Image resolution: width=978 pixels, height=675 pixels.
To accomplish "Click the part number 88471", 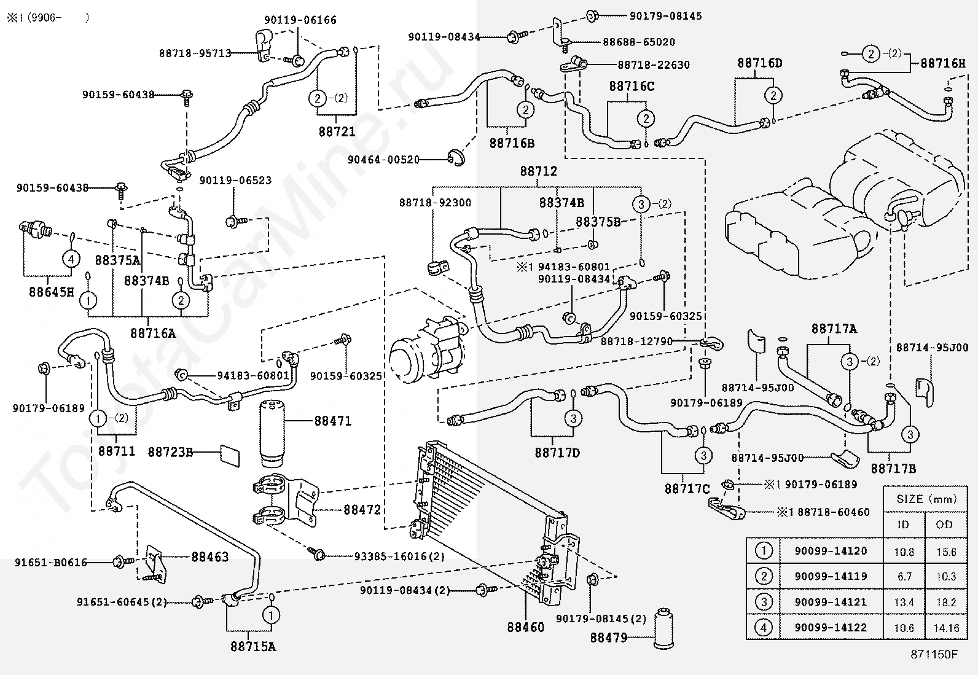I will coord(332,421).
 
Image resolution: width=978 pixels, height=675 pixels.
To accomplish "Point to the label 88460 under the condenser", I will coord(525,627).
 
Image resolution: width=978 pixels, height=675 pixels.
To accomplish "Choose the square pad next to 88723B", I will coord(230,455).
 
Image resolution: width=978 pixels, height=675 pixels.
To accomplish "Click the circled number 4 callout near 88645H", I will coord(71,259).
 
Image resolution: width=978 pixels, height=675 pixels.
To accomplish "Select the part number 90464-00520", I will coord(383,160).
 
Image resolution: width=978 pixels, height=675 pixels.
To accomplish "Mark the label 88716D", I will coord(759,63).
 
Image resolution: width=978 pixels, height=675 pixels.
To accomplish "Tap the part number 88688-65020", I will coord(638,42).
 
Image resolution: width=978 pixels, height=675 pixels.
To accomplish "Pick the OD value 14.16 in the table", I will coord(944,628).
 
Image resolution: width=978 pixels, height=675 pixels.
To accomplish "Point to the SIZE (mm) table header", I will coord(926,499).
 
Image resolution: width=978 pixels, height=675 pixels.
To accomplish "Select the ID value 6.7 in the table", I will coord(904,577).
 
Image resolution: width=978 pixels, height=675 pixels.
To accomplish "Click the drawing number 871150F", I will coord(933,654).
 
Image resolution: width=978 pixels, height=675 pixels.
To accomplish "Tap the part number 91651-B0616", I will coord(51,562).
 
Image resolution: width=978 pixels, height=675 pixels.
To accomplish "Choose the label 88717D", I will coord(557,453).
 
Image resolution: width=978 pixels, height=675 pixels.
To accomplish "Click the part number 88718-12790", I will coord(636,341).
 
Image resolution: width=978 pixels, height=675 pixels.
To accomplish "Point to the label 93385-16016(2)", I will coord(399,556).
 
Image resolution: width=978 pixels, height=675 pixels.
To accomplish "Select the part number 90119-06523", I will coord(235,181).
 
